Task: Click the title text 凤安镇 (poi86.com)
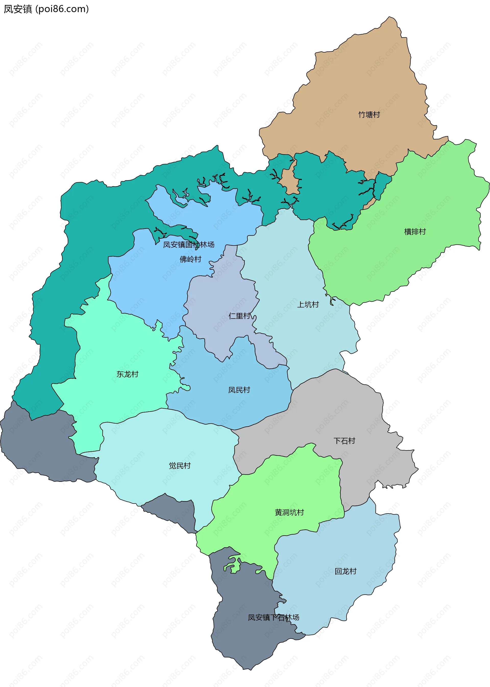(46, 9)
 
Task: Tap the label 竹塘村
(369, 115)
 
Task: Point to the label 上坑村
(308, 304)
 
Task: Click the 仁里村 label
(239, 316)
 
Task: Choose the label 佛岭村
(190, 259)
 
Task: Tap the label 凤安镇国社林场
(189, 244)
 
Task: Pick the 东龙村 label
(127, 374)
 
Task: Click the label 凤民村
(239, 390)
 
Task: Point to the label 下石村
(344, 441)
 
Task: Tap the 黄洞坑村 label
(289, 513)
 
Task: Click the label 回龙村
(346, 571)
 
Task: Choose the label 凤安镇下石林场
(273, 618)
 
